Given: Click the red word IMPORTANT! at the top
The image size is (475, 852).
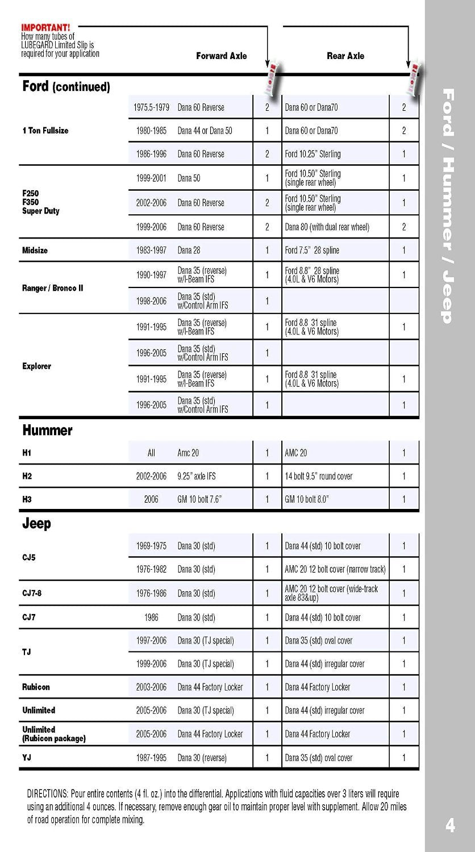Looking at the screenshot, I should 45,27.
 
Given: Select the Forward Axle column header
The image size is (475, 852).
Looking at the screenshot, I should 221,56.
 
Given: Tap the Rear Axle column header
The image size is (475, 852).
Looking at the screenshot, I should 345,56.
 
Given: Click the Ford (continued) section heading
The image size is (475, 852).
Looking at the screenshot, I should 66,87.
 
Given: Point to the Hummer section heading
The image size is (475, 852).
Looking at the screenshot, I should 47,431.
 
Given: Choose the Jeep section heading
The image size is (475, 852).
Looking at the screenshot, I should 36,524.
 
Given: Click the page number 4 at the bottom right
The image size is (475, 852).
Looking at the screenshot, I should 450,825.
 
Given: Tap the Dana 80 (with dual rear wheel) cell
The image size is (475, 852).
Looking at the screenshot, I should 327,227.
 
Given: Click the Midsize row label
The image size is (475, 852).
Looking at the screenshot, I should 35,250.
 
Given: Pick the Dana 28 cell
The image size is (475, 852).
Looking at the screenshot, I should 189,250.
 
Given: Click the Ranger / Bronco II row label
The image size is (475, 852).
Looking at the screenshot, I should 52,288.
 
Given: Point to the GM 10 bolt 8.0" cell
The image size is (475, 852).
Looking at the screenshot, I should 307,499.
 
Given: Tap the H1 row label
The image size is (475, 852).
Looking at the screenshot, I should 27,453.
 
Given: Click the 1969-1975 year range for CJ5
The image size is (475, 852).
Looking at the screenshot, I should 151,546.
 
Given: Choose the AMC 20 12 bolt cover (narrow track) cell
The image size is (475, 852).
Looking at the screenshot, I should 335,569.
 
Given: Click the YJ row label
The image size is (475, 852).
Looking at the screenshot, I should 27,757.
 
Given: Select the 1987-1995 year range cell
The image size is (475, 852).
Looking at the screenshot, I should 151,758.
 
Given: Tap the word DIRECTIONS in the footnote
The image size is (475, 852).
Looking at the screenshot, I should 47,793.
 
